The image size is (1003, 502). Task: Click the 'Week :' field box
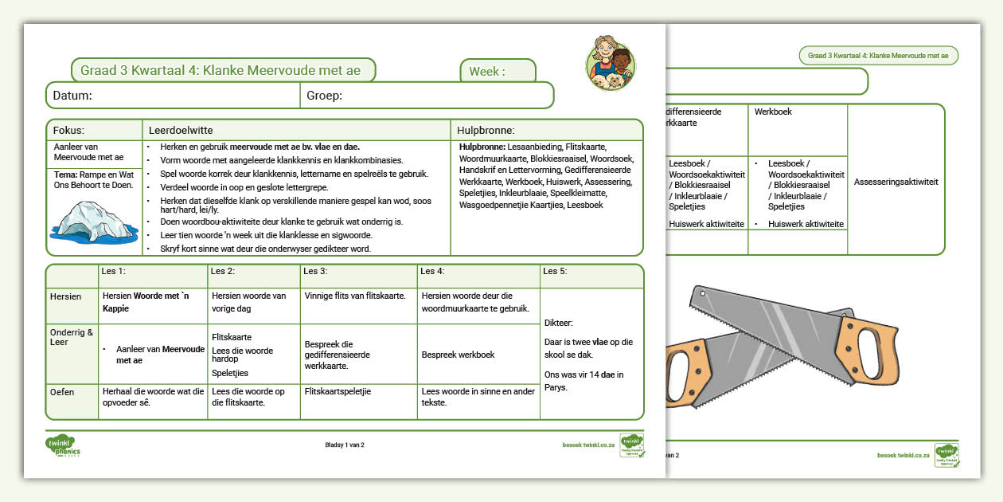pyautogui.click(x=498, y=72)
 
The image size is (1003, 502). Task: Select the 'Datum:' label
pyautogui.click(x=72, y=96)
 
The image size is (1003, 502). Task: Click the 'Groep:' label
pyautogui.click(x=324, y=96)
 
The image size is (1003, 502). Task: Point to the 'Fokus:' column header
pyautogui.click(x=68, y=130)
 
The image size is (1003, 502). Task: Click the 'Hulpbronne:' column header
pyautogui.click(x=486, y=130)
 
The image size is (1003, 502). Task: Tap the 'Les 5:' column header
pyautogui.click(x=556, y=271)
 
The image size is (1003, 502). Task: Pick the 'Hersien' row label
pyautogui.click(x=65, y=296)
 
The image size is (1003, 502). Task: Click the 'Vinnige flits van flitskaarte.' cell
pyautogui.click(x=355, y=296)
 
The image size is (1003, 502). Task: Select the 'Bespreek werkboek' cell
pyautogui.click(x=458, y=355)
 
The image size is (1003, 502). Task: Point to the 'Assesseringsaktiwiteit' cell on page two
pyautogui.click(x=896, y=182)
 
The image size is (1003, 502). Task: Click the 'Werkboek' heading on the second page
pyautogui.click(x=773, y=112)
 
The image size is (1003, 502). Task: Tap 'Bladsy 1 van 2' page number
pyautogui.click(x=344, y=445)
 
